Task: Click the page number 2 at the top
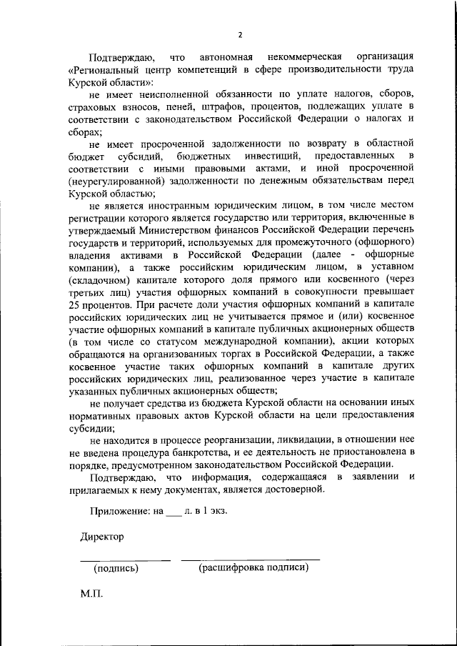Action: pos(241,34)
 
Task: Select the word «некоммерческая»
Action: pos(303,56)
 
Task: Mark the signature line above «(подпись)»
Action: pos(124,558)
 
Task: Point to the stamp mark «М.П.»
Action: pos(91,594)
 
